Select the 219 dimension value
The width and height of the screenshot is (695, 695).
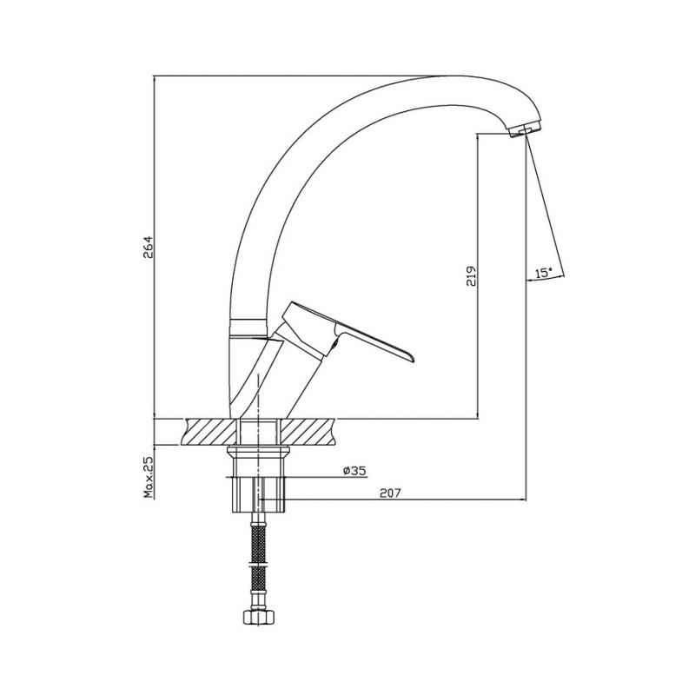click(471, 275)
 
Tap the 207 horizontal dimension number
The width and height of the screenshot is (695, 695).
click(390, 493)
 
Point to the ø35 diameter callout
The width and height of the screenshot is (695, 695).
click(354, 471)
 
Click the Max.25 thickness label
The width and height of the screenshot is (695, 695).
click(148, 477)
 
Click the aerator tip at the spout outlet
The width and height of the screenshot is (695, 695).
click(526, 130)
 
